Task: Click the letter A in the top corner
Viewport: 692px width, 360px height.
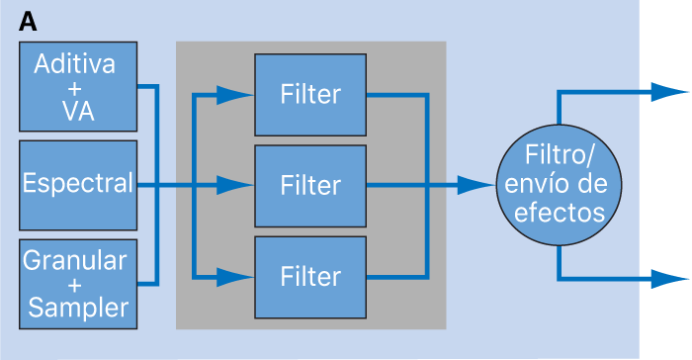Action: point(30,21)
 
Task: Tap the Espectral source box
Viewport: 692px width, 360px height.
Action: point(77,184)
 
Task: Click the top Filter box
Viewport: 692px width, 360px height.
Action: point(310,95)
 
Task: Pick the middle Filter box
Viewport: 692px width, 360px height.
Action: point(310,185)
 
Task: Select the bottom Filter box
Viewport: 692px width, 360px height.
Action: point(310,275)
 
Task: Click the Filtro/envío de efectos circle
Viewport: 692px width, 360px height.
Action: point(561,184)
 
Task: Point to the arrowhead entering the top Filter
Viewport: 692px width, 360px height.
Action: point(235,95)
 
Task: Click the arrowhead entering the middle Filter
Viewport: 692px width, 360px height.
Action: point(235,185)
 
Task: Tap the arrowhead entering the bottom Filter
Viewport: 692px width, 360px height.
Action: point(235,275)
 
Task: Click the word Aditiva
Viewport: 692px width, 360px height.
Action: point(75,64)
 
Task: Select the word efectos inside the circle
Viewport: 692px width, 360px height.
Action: point(561,211)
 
